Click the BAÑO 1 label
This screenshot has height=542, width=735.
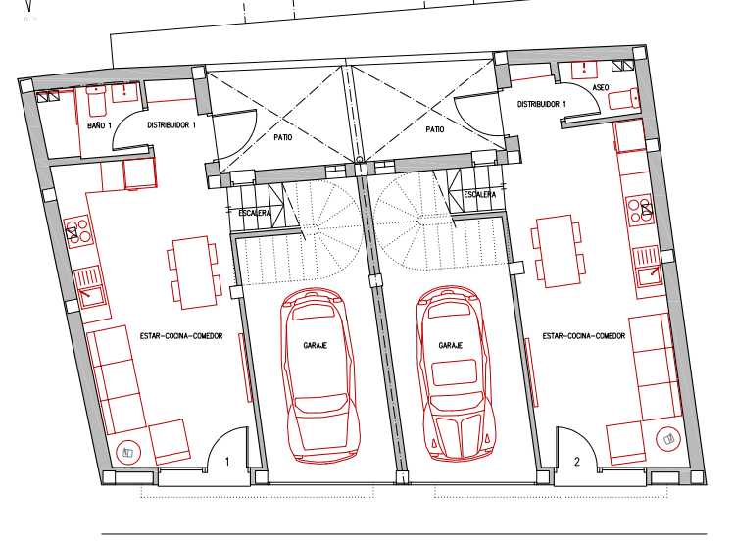pyautogui.click(x=99, y=125)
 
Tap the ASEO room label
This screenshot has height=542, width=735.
pyautogui.click(x=601, y=87)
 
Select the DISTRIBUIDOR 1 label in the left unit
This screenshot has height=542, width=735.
pyautogui.click(x=171, y=125)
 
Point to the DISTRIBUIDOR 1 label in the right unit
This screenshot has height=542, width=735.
pyautogui.click(x=541, y=104)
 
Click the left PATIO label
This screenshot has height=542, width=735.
pyautogui.click(x=282, y=137)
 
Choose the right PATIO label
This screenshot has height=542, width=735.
pyautogui.click(x=434, y=129)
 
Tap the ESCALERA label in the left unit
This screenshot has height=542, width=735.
pyautogui.click(x=255, y=213)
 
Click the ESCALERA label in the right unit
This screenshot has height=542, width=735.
pyautogui.click(x=479, y=195)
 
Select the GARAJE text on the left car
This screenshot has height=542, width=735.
pyautogui.click(x=315, y=346)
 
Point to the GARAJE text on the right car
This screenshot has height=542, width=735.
pyautogui.click(x=451, y=346)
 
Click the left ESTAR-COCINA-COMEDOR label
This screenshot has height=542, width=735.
pyautogui.click(x=181, y=336)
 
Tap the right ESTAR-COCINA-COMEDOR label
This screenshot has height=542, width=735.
pyautogui.click(x=584, y=336)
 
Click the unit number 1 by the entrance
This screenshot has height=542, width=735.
pyautogui.click(x=227, y=462)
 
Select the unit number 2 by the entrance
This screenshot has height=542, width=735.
pyautogui.click(x=577, y=462)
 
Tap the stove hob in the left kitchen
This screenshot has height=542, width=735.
pyautogui.click(x=77, y=230)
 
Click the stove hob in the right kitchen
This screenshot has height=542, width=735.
pyautogui.click(x=640, y=209)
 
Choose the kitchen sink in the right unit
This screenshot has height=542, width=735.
pyautogui.click(x=649, y=268)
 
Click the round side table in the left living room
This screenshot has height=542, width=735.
pyautogui.click(x=128, y=453)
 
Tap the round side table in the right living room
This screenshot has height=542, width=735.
pyautogui.click(x=668, y=439)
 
